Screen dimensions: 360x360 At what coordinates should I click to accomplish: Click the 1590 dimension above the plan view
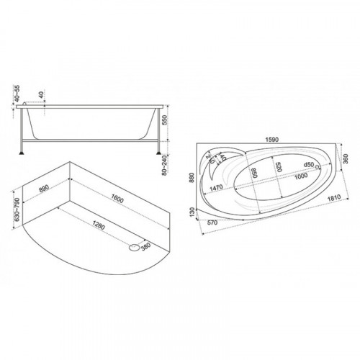coord(271,140)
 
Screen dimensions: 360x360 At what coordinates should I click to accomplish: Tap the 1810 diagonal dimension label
coord(334,198)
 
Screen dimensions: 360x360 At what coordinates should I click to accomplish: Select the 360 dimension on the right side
coord(346,158)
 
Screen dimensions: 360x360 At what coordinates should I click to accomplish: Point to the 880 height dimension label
coord(192,177)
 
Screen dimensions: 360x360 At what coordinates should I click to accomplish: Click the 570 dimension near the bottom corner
coord(212,222)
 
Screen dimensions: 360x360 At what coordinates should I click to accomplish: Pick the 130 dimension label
coord(192,212)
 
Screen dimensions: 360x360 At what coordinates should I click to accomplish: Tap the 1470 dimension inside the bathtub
coord(216,187)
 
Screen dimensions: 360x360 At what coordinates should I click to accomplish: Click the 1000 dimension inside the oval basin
coord(301,176)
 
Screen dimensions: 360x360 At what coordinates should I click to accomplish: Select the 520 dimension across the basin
coord(278,167)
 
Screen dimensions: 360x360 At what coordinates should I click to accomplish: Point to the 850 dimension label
coord(254,173)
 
